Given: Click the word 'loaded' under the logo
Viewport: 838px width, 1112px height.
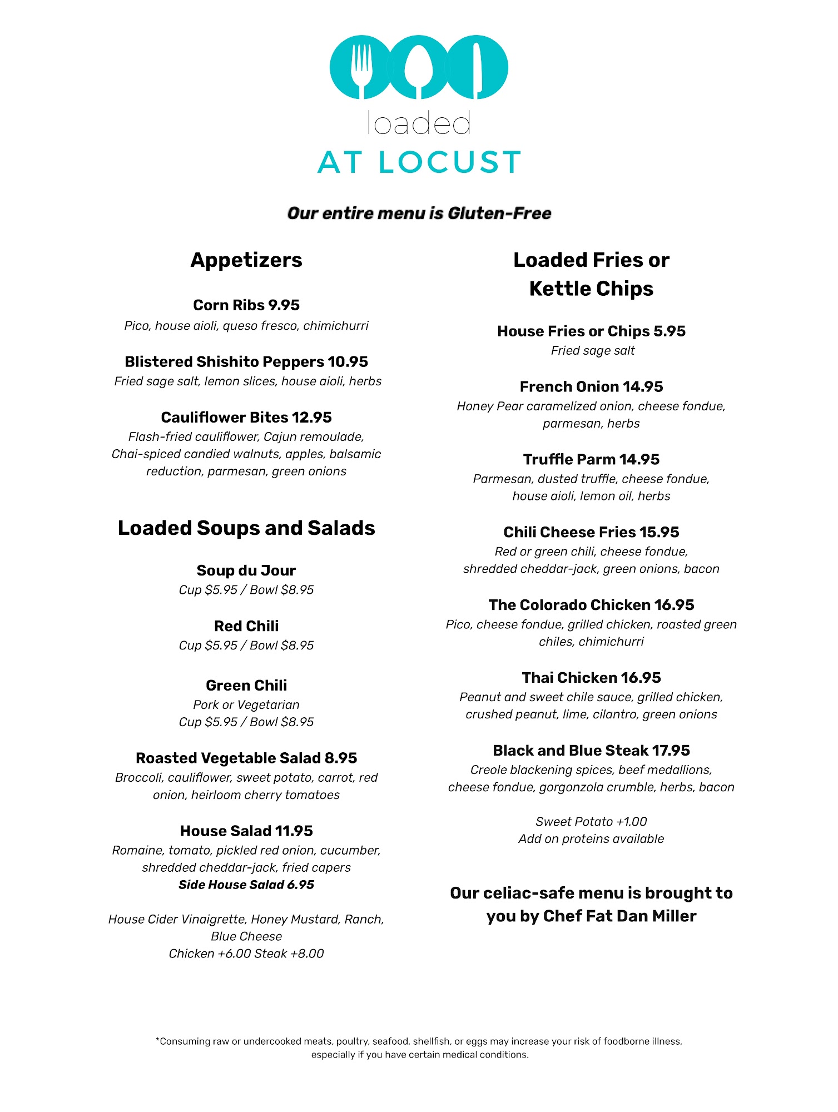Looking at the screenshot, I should [419, 123].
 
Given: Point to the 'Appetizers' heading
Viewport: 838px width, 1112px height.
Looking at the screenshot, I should [246, 260].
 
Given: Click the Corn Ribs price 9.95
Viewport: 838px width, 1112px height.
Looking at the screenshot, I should [284, 305].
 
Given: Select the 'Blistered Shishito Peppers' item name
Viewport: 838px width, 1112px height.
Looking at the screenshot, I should [224, 362].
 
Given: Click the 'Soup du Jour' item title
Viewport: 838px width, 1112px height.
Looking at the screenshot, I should [246, 570].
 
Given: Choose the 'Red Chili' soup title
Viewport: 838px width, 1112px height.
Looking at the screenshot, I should [246, 626].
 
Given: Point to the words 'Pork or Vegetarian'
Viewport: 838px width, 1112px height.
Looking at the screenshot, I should [246, 705].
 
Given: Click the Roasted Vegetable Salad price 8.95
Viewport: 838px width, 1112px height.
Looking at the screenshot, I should [341, 758].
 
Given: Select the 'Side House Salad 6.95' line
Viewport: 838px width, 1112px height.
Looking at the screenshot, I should [246, 885].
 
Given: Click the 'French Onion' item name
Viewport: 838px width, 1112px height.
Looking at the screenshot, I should [569, 387].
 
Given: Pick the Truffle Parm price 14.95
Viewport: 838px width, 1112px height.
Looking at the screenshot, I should [639, 460].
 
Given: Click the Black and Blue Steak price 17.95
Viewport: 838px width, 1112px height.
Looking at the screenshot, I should [671, 751].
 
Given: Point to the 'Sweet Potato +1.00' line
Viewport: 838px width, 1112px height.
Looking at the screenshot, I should [591, 822].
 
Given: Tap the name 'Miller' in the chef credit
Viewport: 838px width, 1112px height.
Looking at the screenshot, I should [674, 916].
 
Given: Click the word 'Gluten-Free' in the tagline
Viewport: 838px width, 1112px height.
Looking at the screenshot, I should [499, 214].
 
